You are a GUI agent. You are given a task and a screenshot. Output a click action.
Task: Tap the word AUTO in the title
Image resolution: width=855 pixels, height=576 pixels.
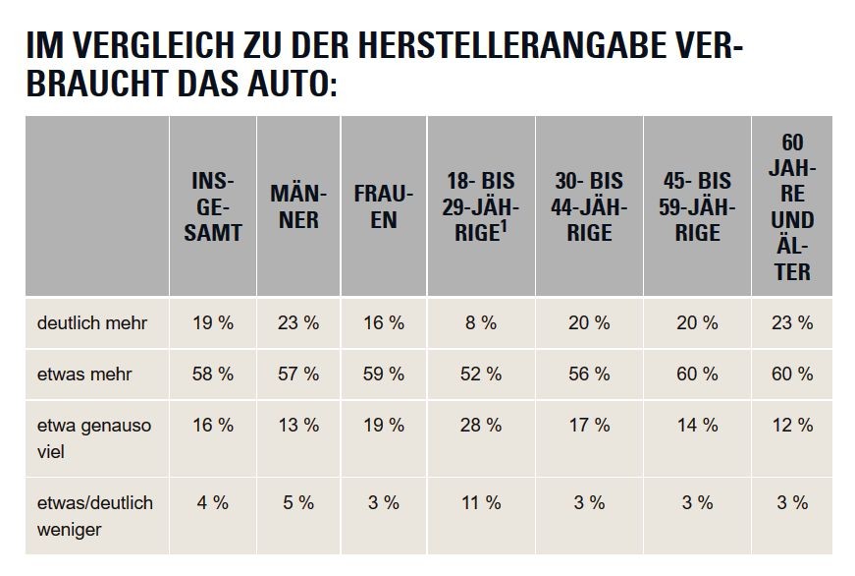293,84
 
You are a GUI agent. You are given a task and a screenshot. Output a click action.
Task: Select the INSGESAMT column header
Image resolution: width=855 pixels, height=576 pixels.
213,207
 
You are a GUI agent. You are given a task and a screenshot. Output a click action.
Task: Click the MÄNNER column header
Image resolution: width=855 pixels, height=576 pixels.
298,207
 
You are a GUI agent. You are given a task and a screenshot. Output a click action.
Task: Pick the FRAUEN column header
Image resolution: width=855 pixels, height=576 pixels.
384,207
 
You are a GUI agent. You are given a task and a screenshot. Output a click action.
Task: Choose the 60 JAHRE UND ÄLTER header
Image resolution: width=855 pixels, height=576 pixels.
792,207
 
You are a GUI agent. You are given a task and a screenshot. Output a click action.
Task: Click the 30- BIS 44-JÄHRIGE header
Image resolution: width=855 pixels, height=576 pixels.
589,207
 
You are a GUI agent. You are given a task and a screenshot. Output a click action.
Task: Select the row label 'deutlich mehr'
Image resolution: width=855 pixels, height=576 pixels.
92,322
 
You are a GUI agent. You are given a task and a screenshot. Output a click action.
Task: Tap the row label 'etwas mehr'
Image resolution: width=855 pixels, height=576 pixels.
84,374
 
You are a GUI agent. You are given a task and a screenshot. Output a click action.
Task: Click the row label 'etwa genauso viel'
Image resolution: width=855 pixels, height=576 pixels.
94,438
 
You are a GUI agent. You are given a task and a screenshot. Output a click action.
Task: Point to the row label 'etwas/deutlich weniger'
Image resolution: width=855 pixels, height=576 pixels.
95,516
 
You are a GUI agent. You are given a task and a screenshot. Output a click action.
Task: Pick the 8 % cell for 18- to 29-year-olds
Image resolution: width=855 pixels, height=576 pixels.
481,322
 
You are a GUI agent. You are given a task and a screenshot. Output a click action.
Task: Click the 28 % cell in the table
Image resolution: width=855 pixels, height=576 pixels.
481,426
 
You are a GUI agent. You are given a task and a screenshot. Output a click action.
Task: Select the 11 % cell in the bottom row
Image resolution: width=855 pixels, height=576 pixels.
481,502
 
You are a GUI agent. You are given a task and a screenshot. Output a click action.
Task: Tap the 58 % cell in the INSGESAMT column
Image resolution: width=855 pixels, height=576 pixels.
213,374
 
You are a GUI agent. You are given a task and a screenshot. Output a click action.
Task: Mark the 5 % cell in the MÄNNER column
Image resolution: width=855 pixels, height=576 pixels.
298,502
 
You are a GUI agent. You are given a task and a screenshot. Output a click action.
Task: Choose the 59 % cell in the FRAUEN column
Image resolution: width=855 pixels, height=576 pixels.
384,374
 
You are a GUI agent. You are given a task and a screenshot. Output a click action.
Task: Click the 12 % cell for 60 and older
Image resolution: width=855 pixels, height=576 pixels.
792,426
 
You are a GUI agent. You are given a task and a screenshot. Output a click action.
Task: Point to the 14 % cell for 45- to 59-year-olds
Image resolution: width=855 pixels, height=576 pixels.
697,426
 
